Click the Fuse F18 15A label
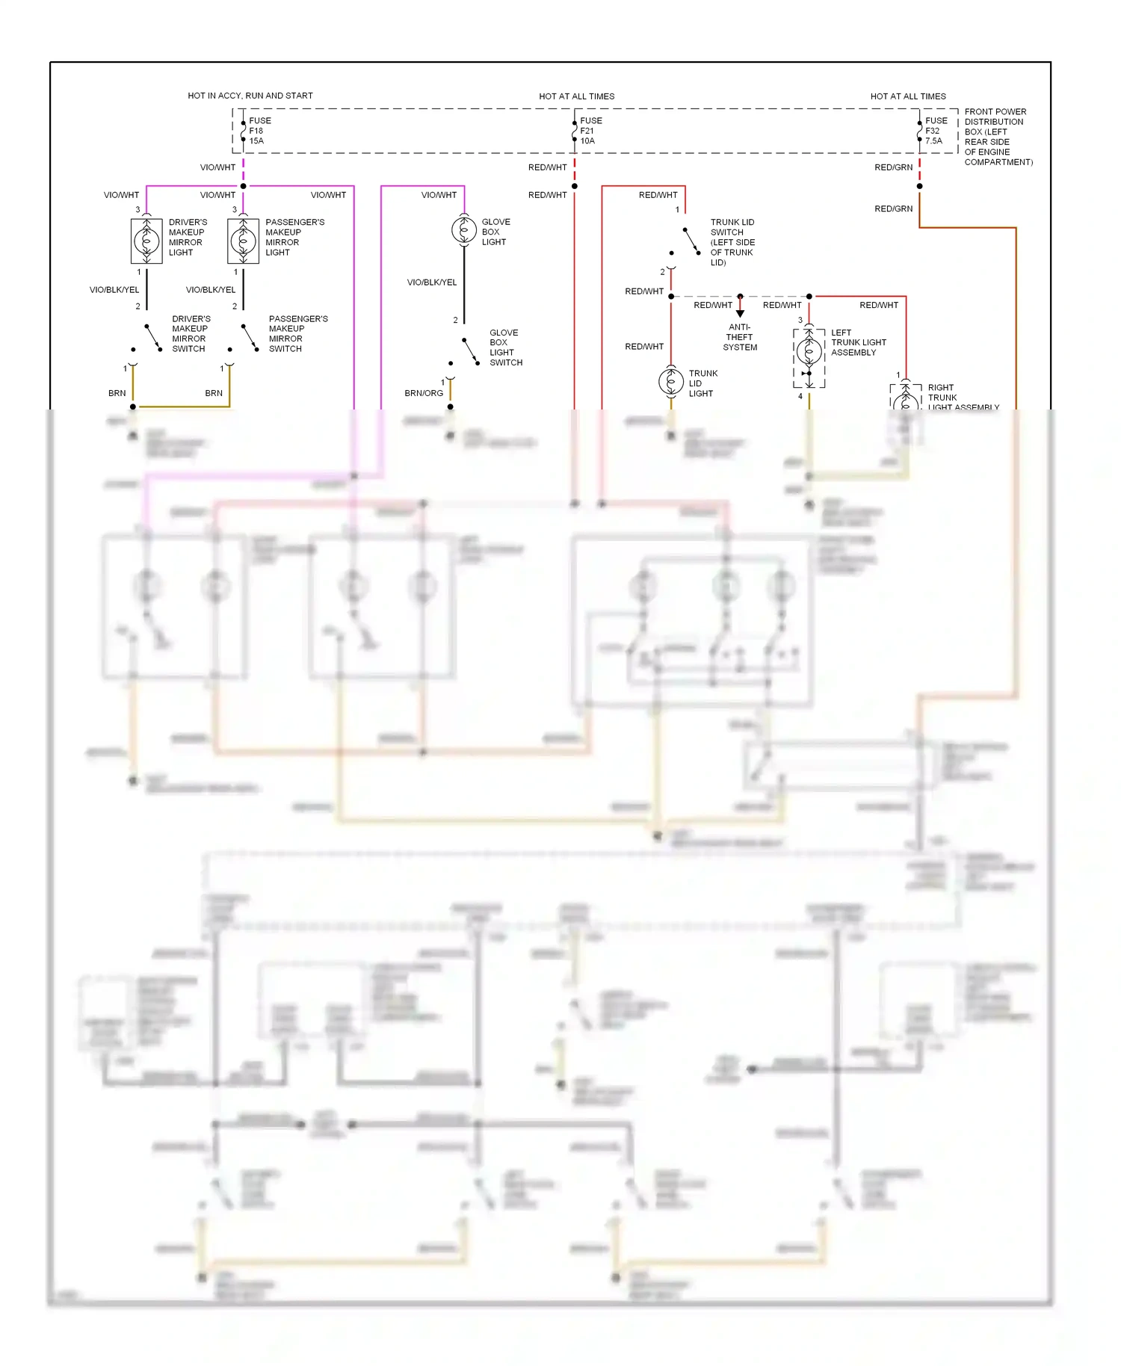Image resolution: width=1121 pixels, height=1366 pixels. [259, 131]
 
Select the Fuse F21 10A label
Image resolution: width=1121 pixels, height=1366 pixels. [590, 131]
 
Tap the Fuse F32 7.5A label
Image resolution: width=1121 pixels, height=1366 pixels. [936, 131]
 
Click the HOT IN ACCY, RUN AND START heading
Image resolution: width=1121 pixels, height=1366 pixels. [250, 96]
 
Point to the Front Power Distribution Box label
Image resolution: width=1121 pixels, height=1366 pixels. [998, 137]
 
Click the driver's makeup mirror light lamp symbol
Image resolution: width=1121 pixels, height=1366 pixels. [146, 241]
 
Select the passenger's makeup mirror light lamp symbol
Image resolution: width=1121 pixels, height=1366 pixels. [243, 241]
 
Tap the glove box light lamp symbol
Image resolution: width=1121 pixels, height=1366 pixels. [464, 229]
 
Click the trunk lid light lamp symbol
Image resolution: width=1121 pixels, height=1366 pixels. [671, 382]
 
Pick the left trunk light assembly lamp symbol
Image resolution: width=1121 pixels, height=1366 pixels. [809, 350]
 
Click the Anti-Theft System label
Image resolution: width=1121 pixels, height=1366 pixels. [740, 337]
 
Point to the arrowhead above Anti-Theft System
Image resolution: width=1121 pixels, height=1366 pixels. [740, 314]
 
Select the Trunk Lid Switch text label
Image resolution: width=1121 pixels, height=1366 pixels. [732, 242]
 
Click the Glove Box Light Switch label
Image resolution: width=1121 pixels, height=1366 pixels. [505, 347]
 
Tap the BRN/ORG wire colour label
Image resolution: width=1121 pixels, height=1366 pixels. [424, 393]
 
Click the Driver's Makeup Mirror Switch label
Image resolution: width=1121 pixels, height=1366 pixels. [191, 333]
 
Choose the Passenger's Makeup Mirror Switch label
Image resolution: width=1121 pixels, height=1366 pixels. [297, 333]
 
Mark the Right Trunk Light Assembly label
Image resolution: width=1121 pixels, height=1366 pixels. [962, 398]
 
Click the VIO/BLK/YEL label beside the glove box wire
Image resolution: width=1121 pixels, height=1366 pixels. [431, 282]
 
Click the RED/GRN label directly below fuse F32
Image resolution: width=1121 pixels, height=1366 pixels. [893, 167]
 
